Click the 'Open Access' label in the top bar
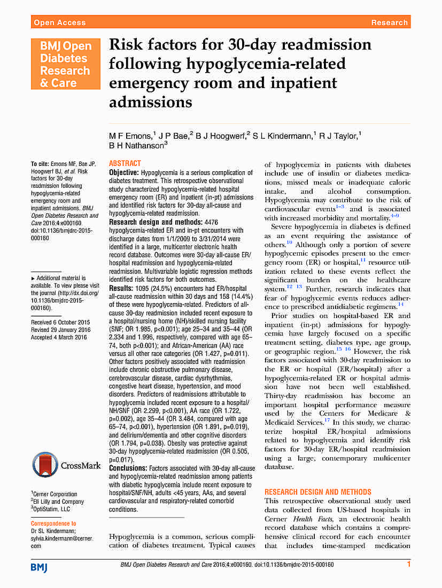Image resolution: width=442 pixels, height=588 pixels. coord(59,22)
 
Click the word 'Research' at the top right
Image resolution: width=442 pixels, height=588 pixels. coord(390,22)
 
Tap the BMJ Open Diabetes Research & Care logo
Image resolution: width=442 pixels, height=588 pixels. coord(65,64)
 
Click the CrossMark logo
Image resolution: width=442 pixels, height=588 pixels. coord(66,465)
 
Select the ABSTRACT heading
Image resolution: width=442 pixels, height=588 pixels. coord(125,163)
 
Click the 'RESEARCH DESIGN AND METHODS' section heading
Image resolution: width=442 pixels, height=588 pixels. coord(317,492)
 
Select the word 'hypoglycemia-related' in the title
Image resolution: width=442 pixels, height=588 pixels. coord(266,64)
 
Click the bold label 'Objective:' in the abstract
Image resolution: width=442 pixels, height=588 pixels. coord(124,173)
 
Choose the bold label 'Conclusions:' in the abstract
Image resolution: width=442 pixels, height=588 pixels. coord(128,468)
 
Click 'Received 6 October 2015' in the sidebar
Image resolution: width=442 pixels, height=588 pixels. coord(60,322)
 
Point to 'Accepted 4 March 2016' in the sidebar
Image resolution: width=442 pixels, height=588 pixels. coord(58,337)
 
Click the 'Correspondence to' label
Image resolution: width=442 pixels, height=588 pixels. coord(53,524)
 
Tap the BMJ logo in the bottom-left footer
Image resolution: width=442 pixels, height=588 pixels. coord(39,567)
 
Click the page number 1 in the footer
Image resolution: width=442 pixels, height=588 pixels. coord(409,564)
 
